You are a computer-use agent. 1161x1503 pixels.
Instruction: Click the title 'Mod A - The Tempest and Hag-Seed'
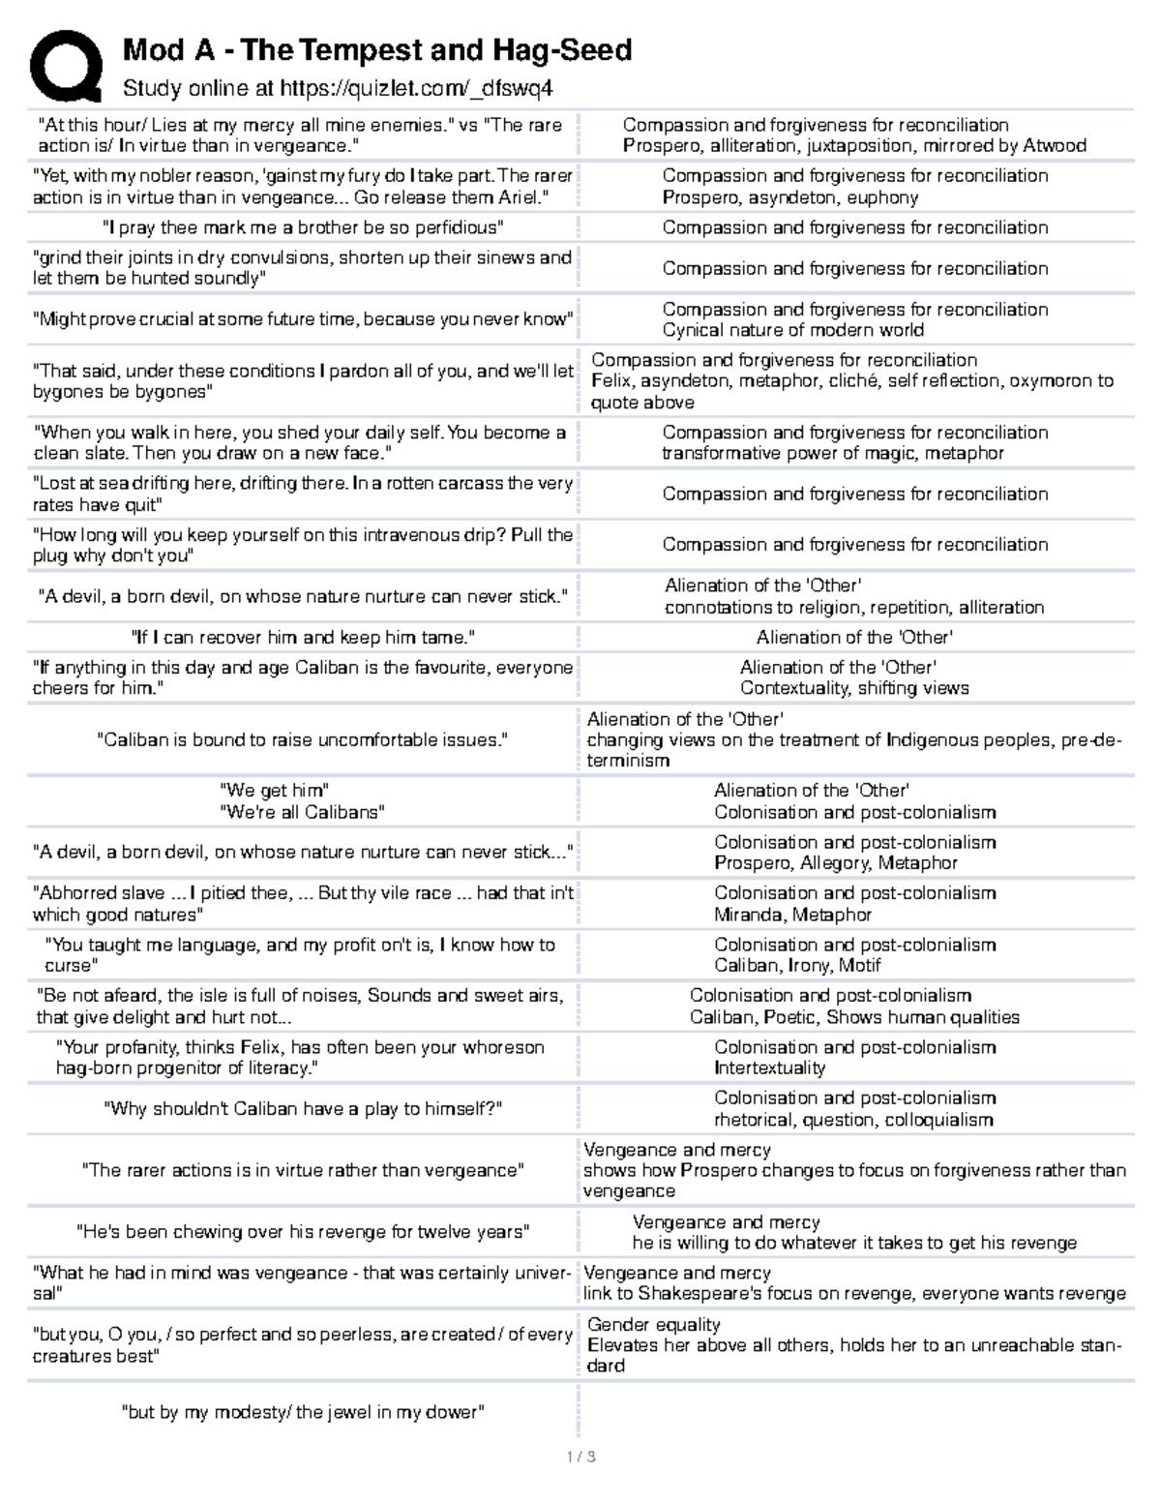(x=376, y=49)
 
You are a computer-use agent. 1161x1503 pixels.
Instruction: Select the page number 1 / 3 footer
(x=580, y=1457)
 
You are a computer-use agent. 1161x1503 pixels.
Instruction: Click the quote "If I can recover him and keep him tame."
(x=303, y=637)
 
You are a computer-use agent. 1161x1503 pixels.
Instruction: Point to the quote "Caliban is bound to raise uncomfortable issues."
(x=303, y=740)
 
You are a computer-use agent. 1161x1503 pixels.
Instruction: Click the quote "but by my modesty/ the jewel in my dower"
(x=303, y=1412)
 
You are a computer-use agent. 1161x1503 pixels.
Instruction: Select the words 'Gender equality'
(x=653, y=1324)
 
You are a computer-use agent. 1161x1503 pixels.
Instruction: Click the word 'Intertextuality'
(x=769, y=1068)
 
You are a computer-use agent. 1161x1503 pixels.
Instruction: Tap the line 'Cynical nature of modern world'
(x=792, y=330)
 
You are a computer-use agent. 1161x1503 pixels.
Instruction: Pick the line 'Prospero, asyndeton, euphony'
(x=789, y=197)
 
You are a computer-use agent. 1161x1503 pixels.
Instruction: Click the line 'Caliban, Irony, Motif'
(x=797, y=965)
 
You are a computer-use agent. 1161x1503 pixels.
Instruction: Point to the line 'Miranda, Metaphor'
(x=792, y=915)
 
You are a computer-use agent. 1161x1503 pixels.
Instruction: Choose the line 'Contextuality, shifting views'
(x=854, y=688)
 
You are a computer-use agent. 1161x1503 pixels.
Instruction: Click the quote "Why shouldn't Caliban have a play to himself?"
(x=303, y=1109)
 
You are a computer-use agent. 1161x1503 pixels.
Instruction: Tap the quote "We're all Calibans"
(x=303, y=812)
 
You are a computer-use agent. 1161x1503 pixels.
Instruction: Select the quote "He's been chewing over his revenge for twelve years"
(x=303, y=1232)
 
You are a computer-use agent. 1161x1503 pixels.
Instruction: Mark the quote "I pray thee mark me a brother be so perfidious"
(x=303, y=227)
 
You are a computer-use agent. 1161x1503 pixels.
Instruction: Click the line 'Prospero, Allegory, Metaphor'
(x=835, y=863)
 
